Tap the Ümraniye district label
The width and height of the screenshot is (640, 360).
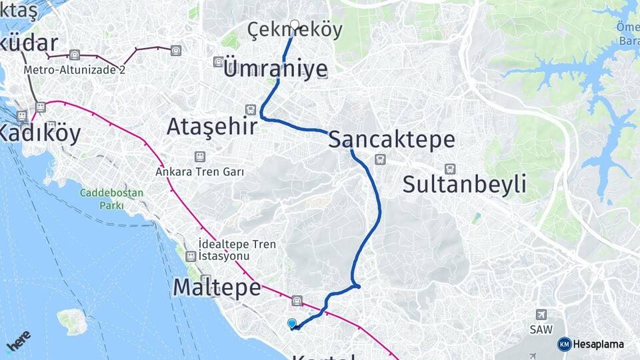pyautogui.click(x=276, y=69)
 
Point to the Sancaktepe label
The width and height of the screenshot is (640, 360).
pyautogui.click(x=392, y=140)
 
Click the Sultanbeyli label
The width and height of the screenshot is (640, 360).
pyautogui.click(x=465, y=185)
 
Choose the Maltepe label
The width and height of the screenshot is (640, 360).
pyautogui.click(x=217, y=287)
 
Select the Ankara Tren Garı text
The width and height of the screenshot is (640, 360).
pyautogui.click(x=199, y=171)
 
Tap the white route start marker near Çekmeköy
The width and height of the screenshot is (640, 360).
pyautogui.click(x=295, y=25)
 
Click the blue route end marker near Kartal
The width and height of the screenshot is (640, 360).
pyautogui.click(x=291, y=324)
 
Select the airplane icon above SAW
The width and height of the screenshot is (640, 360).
pyautogui.click(x=541, y=315)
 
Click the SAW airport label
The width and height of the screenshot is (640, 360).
pyautogui.click(x=541, y=329)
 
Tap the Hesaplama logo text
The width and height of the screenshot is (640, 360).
pyautogui.click(x=599, y=344)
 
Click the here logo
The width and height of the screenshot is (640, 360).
pyautogui.click(x=18, y=341)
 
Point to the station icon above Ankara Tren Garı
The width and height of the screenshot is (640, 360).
pyautogui.click(x=199, y=157)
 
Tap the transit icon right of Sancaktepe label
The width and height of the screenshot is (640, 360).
pyautogui.click(x=380, y=159)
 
